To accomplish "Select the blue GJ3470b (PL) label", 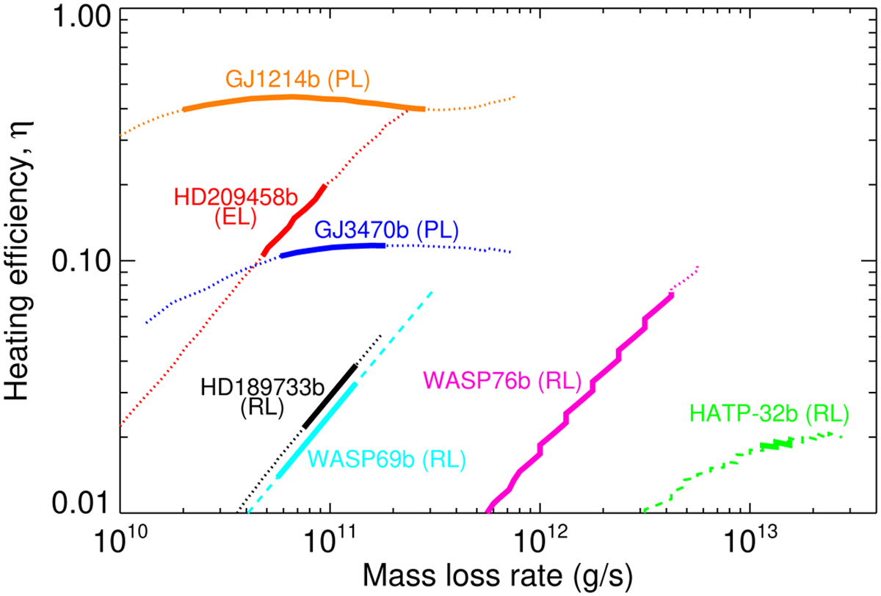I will pos(387,230).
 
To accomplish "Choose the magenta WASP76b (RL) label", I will pos(501,381).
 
